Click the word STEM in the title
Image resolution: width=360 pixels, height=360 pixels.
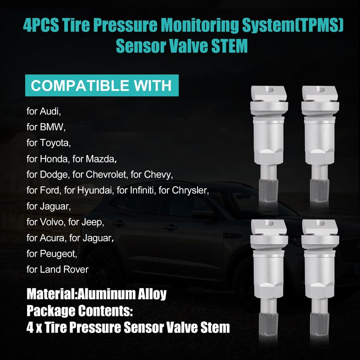click(x=229, y=46)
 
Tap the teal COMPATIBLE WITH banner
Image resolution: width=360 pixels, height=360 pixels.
click(x=102, y=85)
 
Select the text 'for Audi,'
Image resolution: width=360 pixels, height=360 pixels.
click(x=44, y=111)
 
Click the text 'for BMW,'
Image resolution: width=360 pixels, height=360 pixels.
click(x=46, y=127)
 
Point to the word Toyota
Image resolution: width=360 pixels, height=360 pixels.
click(x=55, y=143)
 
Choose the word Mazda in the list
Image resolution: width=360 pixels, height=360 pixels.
click(x=100, y=159)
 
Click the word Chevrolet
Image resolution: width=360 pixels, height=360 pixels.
click(x=107, y=175)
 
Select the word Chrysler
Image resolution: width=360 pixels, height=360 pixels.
click(x=190, y=190)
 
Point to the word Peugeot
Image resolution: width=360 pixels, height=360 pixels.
click(x=58, y=254)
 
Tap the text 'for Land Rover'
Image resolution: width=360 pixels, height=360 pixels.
click(x=58, y=270)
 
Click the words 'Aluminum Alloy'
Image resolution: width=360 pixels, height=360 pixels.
click(x=122, y=294)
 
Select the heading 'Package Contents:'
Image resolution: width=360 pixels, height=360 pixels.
click(x=80, y=311)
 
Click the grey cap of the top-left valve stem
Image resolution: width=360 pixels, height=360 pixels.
click(x=268, y=191)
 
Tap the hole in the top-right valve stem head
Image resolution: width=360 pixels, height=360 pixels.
click(x=321, y=90)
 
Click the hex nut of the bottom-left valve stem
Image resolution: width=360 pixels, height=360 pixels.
click(x=268, y=290)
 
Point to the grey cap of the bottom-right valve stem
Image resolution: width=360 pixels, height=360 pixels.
click(x=319, y=324)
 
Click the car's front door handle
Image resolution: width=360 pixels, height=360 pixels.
click(x=170, y=228)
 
